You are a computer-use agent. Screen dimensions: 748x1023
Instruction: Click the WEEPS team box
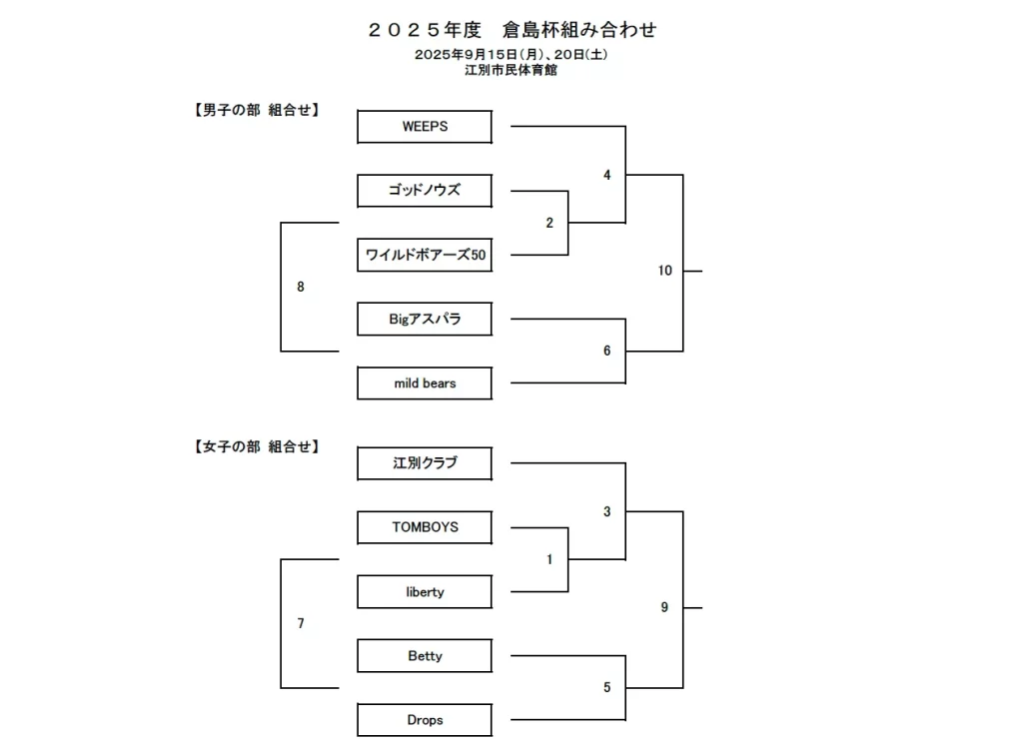[x=425, y=127]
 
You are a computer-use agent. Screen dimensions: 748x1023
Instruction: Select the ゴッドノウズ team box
[x=425, y=190]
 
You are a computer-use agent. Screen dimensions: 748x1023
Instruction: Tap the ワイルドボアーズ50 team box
[x=425, y=256]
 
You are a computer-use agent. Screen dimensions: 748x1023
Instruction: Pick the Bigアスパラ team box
[x=425, y=320]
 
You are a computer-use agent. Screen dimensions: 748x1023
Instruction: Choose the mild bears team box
[x=425, y=383]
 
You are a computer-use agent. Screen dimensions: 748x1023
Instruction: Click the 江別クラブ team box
[x=425, y=463]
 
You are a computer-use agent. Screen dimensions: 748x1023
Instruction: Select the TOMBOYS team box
[x=425, y=527]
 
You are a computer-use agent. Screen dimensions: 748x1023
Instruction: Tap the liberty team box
[x=425, y=592]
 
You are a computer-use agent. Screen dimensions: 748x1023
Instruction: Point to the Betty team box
[x=425, y=656]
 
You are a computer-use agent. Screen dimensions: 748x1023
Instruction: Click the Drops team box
[x=425, y=720]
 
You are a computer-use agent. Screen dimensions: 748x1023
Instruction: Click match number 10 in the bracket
[x=665, y=271]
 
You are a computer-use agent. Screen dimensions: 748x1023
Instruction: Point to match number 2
[x=549, y=223]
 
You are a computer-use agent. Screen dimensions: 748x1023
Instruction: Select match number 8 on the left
[x=301, y=287]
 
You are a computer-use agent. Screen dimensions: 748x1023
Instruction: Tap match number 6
[x=606, y=351]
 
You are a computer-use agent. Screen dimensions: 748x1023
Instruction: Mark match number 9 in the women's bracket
[x=664, y=607]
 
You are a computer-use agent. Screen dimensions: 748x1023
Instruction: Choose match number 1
[x=549, y=559]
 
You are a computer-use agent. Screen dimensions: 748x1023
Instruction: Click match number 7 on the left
[x=301, y=623]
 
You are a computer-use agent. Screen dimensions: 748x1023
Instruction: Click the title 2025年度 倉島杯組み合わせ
[x=511, y=30]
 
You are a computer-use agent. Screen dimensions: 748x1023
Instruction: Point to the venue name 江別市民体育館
[x=511, y=70]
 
